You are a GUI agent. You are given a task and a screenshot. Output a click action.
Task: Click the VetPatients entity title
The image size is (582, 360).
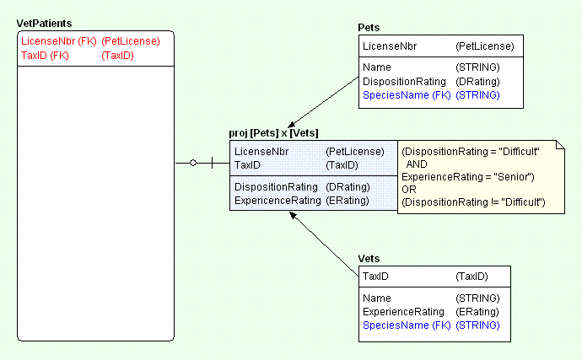[44, 23]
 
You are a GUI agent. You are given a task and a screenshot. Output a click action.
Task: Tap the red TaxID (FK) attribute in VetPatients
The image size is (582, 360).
[45, 56]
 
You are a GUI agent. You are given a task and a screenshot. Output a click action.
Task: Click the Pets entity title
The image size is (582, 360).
[369, 28]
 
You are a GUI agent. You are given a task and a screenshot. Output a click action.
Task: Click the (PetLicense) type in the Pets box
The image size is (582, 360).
[484, 46]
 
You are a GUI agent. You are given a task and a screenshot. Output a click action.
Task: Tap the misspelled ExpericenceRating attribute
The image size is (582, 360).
[278, 201]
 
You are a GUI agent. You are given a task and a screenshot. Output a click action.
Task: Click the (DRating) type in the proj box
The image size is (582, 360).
[346, 186]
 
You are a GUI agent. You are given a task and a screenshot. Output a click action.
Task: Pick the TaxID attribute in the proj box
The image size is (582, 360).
[248, 165]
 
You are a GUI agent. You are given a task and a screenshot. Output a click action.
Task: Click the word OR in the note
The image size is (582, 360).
[408, 189]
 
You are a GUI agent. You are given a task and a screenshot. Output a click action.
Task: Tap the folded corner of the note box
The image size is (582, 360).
[558, 146]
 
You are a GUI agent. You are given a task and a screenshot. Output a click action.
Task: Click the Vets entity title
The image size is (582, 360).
[369, 258]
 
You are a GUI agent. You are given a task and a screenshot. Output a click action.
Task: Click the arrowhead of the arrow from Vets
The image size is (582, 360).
[291, 214]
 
